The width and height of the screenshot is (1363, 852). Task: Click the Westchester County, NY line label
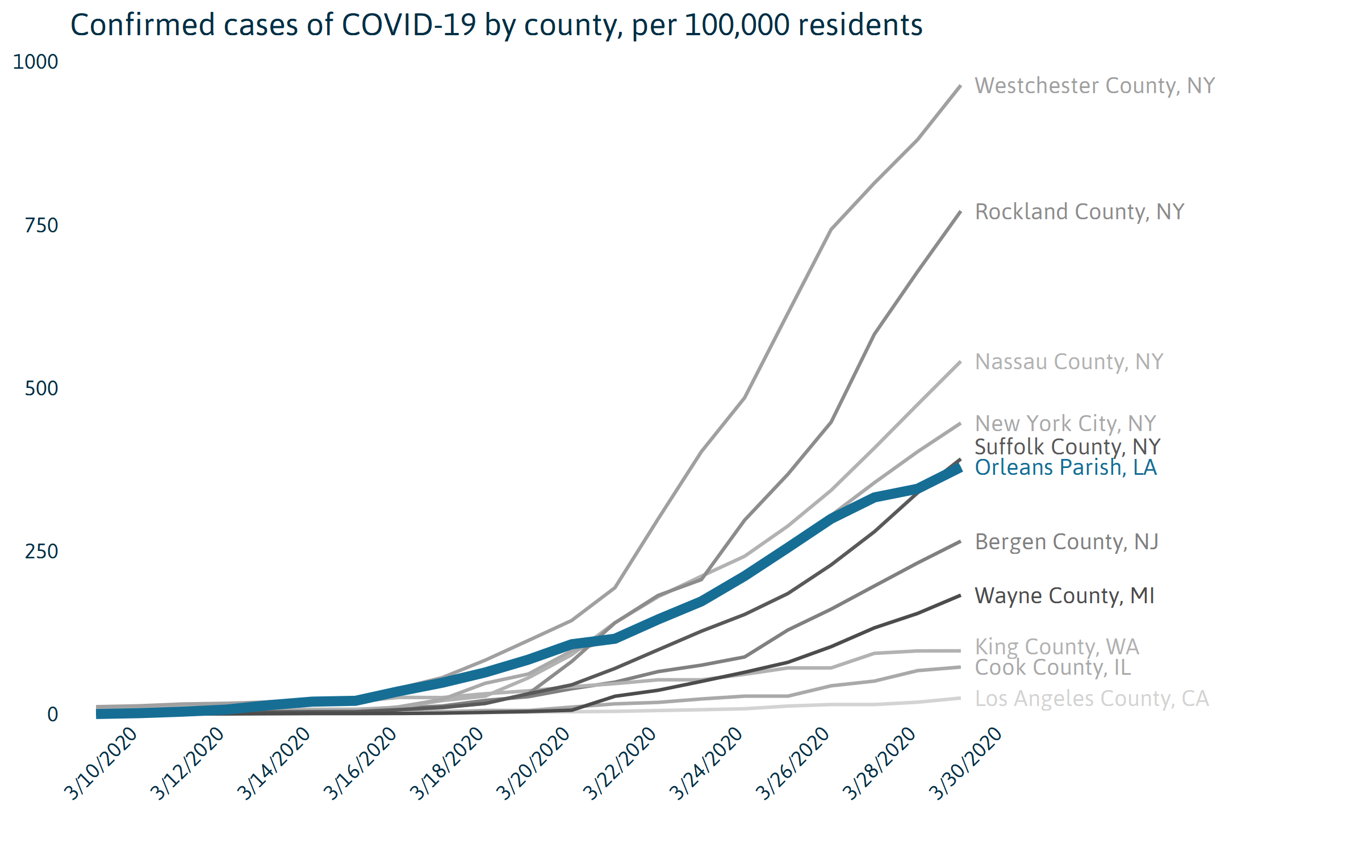(1094, 86)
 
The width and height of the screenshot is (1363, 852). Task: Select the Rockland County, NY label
(1079, 212)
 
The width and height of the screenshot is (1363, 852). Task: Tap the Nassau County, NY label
(1069, 362)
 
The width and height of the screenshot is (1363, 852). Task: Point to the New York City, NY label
(1065, 424)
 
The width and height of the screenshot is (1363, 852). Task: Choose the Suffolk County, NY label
(1067, 447)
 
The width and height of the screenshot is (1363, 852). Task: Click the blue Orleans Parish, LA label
(1065, 467)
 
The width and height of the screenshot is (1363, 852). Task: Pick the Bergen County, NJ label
(1067, 542)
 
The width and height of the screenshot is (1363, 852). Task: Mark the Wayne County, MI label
(1064, 596)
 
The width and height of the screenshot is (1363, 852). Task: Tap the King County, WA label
(1057, 647)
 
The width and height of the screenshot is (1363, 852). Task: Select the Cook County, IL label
(1053, 667)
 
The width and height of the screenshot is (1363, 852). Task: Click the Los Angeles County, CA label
(1092, 699)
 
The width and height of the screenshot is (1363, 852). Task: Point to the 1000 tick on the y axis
(35, 62)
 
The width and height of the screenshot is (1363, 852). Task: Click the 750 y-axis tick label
(41, 225)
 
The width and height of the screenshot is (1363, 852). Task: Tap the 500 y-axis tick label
(41, 389)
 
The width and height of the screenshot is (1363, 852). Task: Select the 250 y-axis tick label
(41, 552)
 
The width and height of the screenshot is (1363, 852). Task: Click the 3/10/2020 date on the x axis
(101, 763)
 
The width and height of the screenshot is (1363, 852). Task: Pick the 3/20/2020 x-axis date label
(534, 763)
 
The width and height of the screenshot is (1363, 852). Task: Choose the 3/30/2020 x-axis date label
(966, 763)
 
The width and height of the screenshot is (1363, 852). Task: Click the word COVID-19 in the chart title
(408, 26)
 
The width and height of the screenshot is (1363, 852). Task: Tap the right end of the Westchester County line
(960, 86)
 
